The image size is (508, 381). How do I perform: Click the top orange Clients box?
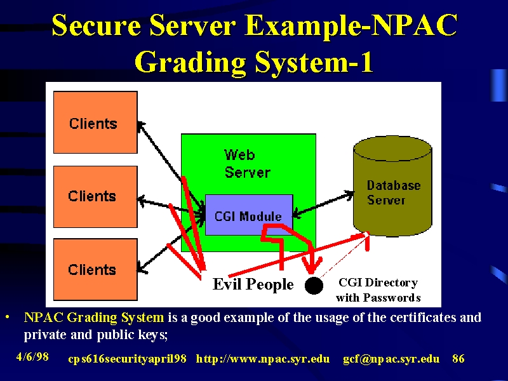coord(95,122)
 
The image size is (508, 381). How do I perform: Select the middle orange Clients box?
coord(95,197)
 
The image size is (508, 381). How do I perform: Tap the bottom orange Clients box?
coord(95,269)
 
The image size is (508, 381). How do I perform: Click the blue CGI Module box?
coord(249,215)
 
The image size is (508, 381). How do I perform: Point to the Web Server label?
coord(247,164)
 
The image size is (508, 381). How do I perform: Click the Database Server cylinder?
coord(392,186)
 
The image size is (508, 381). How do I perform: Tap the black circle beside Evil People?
coord(314,285)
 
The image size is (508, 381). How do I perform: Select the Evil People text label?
coord(253,284)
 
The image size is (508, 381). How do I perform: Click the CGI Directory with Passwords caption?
coord(378,290)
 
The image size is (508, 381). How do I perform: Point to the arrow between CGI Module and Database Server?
coord(323,204)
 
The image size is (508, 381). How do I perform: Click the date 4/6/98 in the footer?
coord(32,357)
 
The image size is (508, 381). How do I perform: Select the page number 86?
coord(458,359)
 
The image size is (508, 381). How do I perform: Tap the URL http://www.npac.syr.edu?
coord(263,359)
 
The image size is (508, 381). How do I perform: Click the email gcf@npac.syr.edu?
coord(391,359)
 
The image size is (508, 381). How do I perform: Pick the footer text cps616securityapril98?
coord(128,359)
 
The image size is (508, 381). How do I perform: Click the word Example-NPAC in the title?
coord(351,25)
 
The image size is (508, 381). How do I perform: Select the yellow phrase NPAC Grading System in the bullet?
coord(94,317)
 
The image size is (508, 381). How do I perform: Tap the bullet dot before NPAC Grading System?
coord(8,316)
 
